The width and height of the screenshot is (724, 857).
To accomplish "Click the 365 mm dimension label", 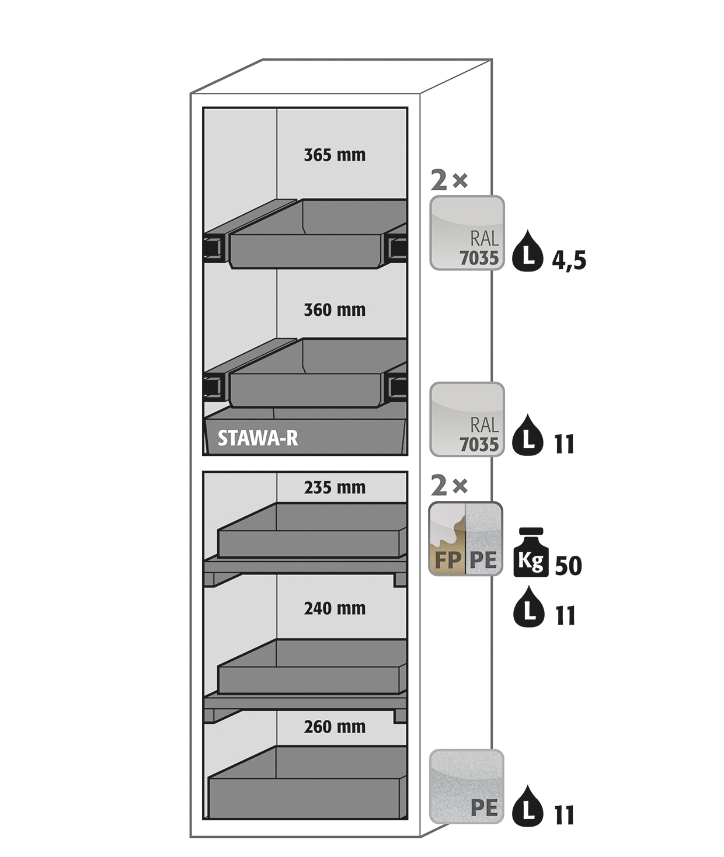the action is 335,155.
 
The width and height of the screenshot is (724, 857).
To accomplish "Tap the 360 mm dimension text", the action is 335,310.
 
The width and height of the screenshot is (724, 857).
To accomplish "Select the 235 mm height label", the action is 335,487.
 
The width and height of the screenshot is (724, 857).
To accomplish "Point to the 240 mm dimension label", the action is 335,608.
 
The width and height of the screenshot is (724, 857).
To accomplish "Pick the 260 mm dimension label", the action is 335,727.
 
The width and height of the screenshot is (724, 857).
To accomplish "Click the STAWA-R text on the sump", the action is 257,438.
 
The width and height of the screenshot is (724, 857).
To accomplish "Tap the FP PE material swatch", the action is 465,538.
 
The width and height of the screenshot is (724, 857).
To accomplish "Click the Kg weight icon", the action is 531,552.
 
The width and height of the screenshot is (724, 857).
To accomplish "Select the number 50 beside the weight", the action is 569,566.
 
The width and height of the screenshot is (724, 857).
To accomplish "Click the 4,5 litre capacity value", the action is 569,260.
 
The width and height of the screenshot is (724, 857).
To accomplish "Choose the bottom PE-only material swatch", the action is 467,786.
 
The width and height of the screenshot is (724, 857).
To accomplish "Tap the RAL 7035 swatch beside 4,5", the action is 467,233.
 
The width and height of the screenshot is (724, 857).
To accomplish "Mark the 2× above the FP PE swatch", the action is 449,486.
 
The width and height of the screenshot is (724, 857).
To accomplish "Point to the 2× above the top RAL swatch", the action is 449,180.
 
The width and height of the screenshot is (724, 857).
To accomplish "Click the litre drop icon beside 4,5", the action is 528,251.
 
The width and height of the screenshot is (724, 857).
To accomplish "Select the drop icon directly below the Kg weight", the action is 530,607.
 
